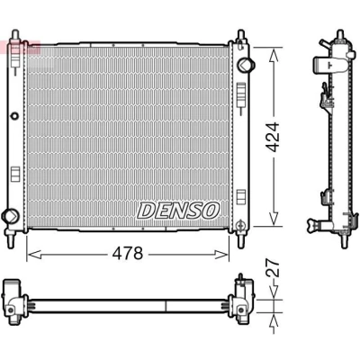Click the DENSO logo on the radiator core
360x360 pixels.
click(178, 210)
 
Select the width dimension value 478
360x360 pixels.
click(128, 254)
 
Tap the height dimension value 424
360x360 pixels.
click(274, 137)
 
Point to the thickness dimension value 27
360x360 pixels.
click(273, 268)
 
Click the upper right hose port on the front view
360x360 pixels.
click(246, 65)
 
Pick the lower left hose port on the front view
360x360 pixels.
click(10, 215)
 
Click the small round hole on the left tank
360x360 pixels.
click(14, 116)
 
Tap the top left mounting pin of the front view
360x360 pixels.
click(15, 36)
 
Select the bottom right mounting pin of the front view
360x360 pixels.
click(241, 239)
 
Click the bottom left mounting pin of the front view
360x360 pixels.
click(11, 239)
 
